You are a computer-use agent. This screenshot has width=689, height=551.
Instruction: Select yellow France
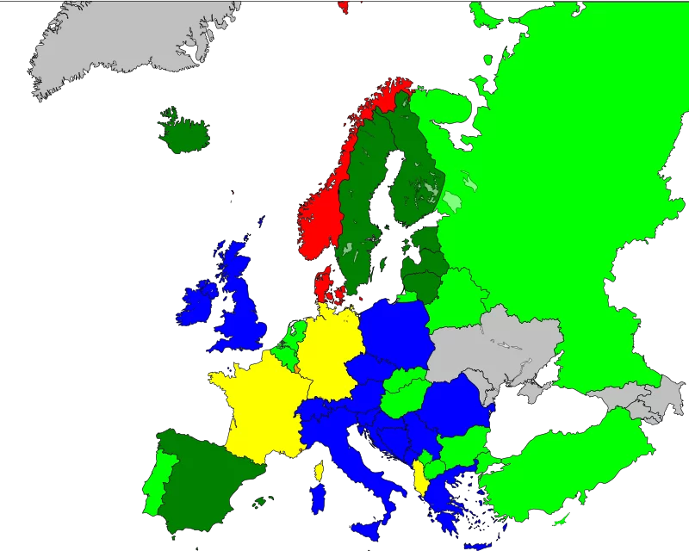(258, 405)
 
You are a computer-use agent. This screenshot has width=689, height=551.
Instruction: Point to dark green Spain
(207, 482)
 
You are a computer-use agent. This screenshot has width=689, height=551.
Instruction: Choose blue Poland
(396, 331)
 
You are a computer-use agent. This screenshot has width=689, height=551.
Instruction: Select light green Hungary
(403, 392)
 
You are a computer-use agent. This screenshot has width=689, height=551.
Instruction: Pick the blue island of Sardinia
(317, 499)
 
